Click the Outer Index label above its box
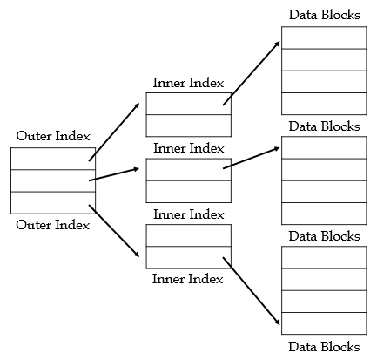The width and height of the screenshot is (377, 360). tap(52, 137)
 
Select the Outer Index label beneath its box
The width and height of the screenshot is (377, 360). tap(52, 225)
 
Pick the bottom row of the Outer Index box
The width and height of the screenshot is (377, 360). tap(52, 203)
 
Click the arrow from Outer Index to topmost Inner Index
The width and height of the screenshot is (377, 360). tap(114, 132)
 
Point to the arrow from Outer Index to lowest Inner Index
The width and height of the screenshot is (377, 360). tap(114, 231)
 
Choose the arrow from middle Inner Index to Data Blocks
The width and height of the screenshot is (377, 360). tap(252, 158)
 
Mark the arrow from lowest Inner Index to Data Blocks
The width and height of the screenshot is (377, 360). tap(252, 291)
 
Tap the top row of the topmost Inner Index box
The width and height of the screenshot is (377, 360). tap(188, 103)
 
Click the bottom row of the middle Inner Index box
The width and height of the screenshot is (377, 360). tap(188, 191)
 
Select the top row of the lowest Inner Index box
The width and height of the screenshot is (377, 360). tap(188, 235)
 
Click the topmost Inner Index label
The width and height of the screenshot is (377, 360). tap(188, 83)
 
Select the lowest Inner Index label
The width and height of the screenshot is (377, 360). tap(188, 279)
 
